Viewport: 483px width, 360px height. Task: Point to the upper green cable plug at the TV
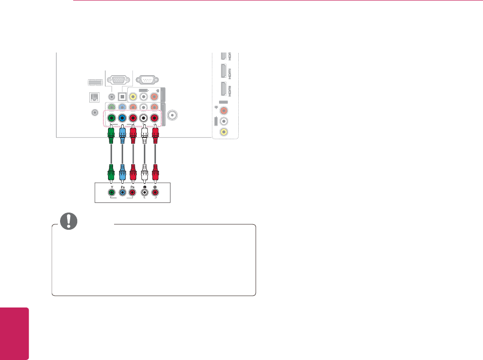tap(111, 136)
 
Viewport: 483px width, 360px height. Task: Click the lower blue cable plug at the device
tap(122, 175)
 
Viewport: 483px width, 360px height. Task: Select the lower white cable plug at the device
tap(145, 175)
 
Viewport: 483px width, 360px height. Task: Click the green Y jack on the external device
tap(111, 192)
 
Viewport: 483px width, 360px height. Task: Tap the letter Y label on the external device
tap(111, 186)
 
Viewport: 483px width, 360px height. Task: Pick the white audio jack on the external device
tap(145, 192)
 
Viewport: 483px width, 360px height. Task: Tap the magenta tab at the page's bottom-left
tap(14, 333)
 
